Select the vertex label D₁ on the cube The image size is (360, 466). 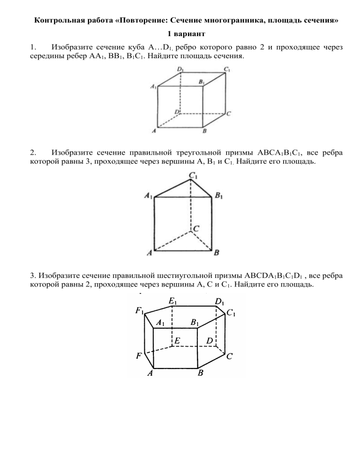click(180, 69)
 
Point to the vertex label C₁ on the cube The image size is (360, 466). click(227, 69)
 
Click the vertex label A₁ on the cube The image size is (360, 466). click(153, 86)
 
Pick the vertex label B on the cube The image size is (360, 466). click(204, 131)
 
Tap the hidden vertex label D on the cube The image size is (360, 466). click(177, 112)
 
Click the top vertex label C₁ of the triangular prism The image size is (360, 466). click(194, 176)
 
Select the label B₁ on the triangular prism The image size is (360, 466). click(219, 195)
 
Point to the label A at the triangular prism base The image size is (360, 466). click(150, 253)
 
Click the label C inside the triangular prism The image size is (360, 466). click(196, 228)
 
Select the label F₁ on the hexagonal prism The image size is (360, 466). click(139, 310)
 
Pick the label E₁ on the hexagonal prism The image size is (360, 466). click(172, 301)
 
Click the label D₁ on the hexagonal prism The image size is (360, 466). click(219, 301)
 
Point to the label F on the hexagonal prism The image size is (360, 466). click(138, 355)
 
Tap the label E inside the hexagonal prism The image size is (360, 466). click(177, 340)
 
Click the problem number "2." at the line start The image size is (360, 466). click(33, 153)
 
